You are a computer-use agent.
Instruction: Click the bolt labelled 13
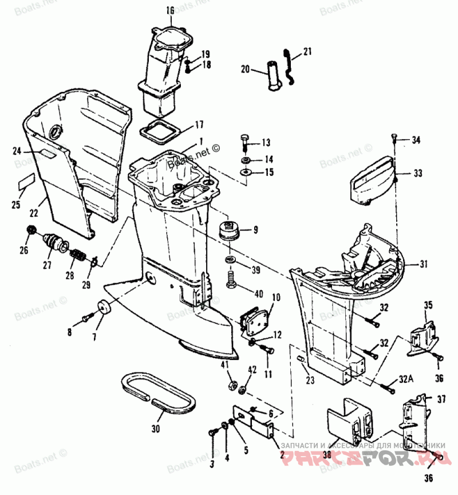point(244,142)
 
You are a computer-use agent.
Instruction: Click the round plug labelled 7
point(104,308)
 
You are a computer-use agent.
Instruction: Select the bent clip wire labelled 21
point(291,66)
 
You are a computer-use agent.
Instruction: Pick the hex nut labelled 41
point(232,385)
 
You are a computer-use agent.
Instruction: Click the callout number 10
point(276,298)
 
